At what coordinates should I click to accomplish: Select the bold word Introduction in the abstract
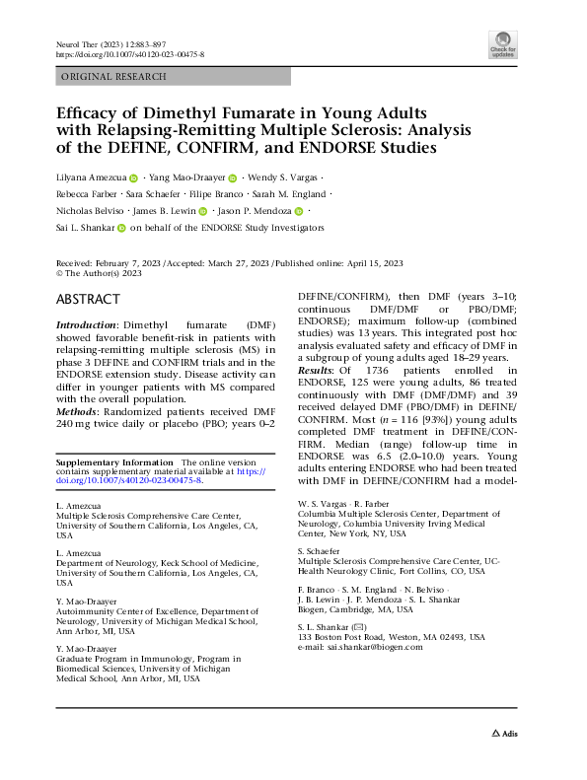[x=86, y=324]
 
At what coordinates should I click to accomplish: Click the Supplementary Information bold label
[x=113, y=462]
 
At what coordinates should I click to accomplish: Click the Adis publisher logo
[x=503, y=760]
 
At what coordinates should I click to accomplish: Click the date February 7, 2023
[x=135, y=263]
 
